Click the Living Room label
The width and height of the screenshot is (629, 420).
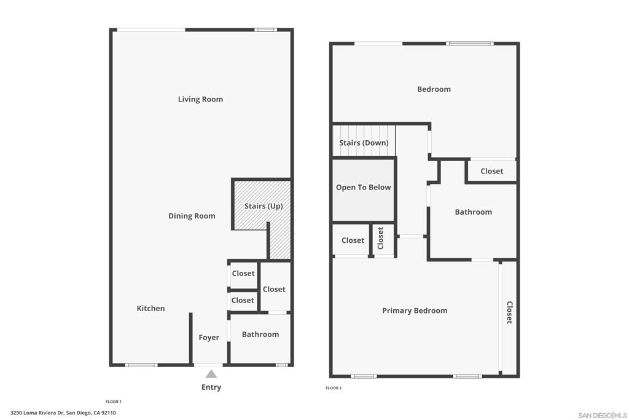200,99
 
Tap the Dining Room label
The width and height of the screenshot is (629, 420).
192,216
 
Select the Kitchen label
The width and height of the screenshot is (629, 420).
150,308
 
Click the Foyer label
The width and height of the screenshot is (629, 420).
209,338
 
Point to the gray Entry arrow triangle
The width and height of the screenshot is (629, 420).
211,374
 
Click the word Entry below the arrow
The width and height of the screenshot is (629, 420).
211,387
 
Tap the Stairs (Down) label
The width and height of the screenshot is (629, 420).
364,143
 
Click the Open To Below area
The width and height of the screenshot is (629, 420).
363,188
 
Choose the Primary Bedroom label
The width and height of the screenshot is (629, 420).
415,311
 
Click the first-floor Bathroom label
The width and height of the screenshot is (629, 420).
260,335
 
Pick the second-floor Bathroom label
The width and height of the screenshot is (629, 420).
473,212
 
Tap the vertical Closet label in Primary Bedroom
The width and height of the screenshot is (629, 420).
509,312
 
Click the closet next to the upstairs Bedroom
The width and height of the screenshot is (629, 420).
491,171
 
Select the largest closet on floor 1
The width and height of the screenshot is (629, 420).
274,289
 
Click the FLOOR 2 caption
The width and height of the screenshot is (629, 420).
333,388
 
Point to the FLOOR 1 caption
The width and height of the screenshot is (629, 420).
114,402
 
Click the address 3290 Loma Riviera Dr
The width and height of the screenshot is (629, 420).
63,413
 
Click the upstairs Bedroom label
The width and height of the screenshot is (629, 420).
434,89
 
